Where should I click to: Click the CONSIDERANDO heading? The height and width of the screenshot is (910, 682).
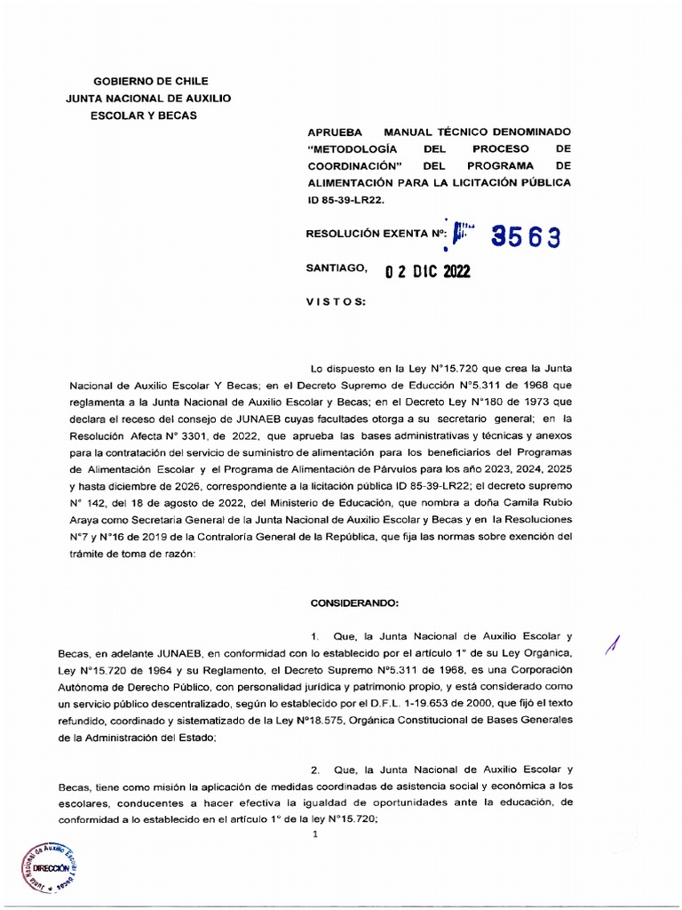click(x=355, y=603)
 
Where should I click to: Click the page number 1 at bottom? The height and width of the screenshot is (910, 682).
click(x=314, y=834)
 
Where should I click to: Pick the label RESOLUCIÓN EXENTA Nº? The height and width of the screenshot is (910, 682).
click(x=374, y=235)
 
